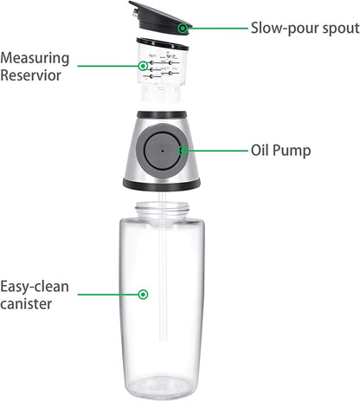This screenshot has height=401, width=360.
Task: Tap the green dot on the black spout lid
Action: (183, 28)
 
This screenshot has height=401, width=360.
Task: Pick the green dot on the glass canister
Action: (144, 294)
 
